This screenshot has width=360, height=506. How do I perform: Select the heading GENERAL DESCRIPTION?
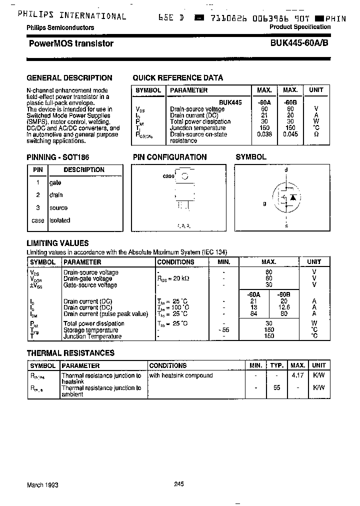(69, 78)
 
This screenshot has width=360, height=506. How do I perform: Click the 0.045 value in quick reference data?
(290, 134)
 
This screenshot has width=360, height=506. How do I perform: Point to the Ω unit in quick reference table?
(316, 134)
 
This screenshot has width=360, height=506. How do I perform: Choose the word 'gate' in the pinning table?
(55, 182)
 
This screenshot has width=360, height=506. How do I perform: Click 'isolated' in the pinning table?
(60, 220)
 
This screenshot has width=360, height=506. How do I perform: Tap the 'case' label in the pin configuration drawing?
(168, 176)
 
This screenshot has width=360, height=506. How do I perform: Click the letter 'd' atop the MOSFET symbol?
(286, 170)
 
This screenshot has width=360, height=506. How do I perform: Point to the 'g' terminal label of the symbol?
(264, 203)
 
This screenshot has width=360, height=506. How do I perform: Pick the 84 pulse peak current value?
(253, 314)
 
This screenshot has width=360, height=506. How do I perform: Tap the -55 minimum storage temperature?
(223, 330)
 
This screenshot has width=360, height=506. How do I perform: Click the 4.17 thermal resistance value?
(298, 375)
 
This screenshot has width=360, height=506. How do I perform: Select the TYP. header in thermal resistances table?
(277, 365)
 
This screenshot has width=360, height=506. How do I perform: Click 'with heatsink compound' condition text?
(181, 375)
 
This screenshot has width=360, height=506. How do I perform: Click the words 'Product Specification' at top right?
(300, 27)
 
